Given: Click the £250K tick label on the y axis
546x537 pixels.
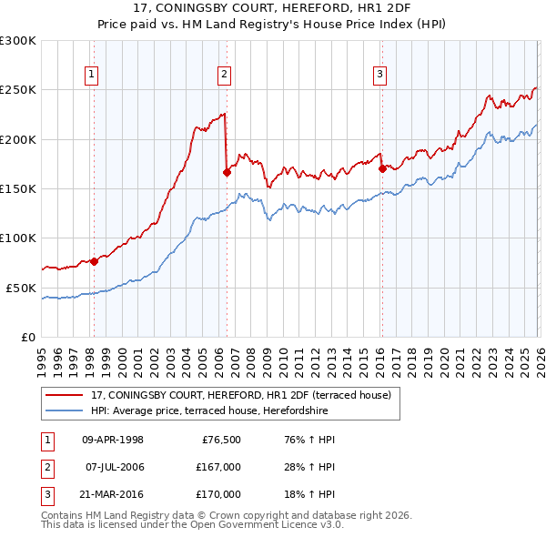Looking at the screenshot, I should pos(18,90).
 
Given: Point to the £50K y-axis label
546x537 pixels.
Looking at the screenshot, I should pos(21,288).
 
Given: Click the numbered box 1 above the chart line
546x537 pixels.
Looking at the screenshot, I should pos(93,75).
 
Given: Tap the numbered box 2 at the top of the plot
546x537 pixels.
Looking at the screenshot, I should pos(224,75).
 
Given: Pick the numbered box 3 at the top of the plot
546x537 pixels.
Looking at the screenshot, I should pos(379,75).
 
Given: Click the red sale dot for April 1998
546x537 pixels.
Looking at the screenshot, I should pos(94,261).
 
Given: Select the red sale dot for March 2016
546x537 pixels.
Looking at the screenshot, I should pos(382,168).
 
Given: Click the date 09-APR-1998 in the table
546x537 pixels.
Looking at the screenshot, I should pos(113,440).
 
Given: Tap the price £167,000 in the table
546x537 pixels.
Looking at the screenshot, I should pos(217,467).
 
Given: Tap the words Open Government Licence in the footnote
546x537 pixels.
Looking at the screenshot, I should pos(264,525).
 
